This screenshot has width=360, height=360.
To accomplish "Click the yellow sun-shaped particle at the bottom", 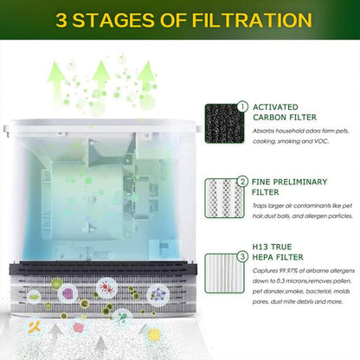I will pos(155,334).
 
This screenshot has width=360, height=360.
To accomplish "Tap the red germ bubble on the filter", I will pos(106,288).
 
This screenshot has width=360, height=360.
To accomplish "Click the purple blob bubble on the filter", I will pos(68,293).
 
